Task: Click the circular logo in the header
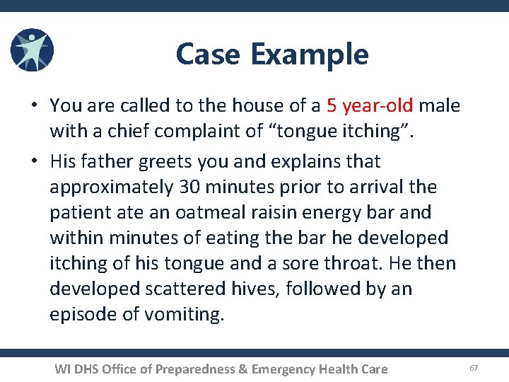pyautogui.click(x=32, y=51)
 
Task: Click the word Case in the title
pyautogui.click(x=208, y=54)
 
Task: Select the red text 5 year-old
pyautogui.click(x=370, y=106)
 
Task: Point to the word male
pyautogui.click(x=439, y=106)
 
